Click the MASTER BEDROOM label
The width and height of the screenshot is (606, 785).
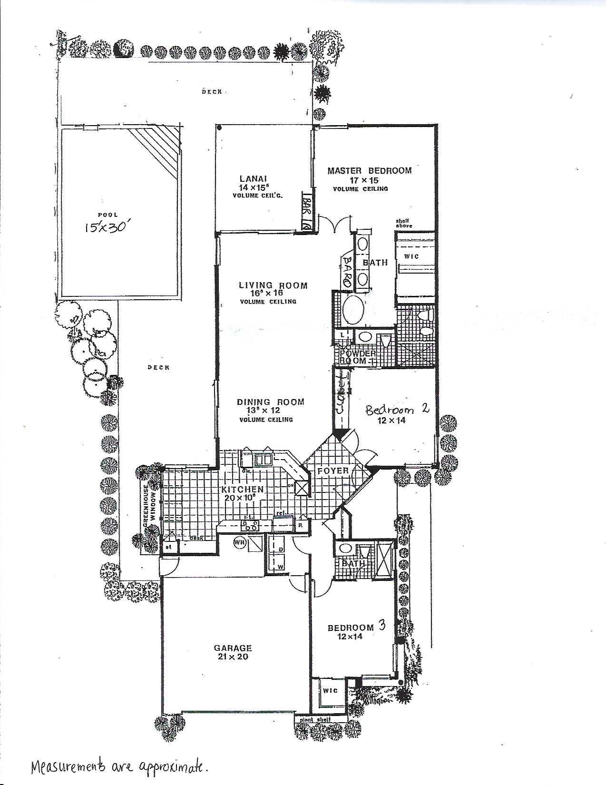(369, 170)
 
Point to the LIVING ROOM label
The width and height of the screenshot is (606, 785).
(273, 285)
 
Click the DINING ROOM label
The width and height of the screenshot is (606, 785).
(270, 402)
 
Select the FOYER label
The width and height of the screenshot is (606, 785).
(333, 471)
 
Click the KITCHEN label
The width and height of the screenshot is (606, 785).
(242, 490)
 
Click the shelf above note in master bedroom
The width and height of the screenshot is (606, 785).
(404, 224)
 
